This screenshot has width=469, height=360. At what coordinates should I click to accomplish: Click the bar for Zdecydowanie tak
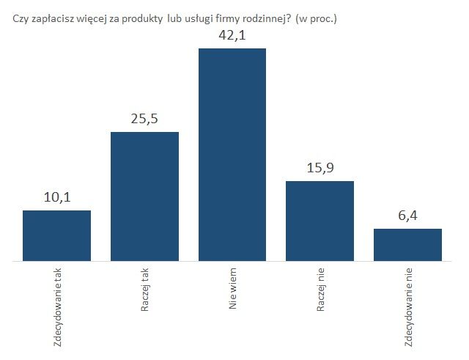coord(57,235)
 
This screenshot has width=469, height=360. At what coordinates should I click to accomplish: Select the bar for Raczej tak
coord(144,196)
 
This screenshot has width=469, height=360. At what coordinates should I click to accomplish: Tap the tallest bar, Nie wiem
coord(232,155)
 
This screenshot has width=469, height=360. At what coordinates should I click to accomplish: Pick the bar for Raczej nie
coord(320,221)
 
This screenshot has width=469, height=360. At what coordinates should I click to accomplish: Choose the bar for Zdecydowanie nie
coord(407,245)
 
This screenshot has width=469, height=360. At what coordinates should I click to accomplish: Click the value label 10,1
coord(56,198)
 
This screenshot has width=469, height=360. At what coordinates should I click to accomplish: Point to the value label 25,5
coord(144,119)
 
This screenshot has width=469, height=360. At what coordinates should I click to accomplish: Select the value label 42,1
coord(232,34)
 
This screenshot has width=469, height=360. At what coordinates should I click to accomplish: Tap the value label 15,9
coord(320,168)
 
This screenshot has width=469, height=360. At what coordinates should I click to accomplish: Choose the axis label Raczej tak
coord(145,291)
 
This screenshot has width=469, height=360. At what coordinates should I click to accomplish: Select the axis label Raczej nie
coord(320,291)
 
